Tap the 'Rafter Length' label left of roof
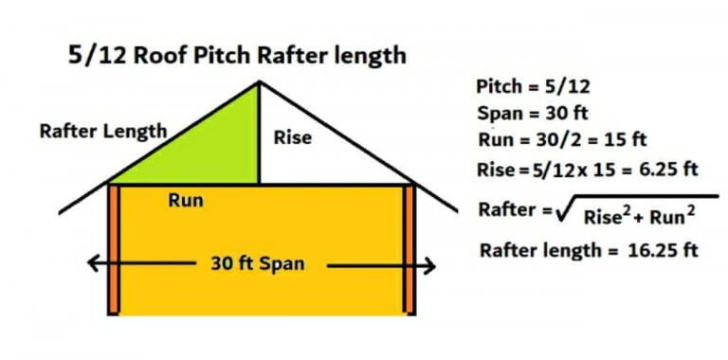(x=103, y=132)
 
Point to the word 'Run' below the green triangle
(x=185, y=201)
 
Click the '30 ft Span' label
(x=257, y=262)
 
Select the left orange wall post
(x=113, y=248)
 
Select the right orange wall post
(x=409, y=248)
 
